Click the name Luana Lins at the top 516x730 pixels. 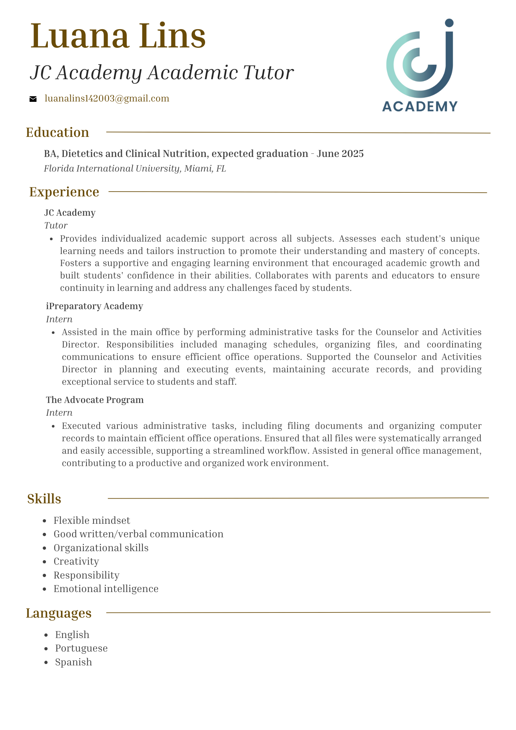coord(118,36)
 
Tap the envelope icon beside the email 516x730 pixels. coord(33,99)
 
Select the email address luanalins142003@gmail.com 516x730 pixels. coord(107,99)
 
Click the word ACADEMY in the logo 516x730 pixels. coord(420,106)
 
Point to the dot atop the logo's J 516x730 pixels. coord(449,23)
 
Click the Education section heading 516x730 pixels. coord(58,132)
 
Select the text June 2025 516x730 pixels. coord(340,154)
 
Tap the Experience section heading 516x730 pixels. coord(64,192)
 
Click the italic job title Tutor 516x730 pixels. coord(56,226)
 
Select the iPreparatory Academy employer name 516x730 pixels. coord(95,306)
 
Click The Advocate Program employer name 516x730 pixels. coord(95,400)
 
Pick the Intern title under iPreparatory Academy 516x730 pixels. coord(59,319)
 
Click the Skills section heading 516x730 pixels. coord(44,499)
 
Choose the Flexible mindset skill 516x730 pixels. coord(92,520)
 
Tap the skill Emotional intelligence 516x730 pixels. coord(106,588)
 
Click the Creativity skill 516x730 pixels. coord(76,561)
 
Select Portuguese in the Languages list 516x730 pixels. coord(81,648)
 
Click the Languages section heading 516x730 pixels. coord(59,613)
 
